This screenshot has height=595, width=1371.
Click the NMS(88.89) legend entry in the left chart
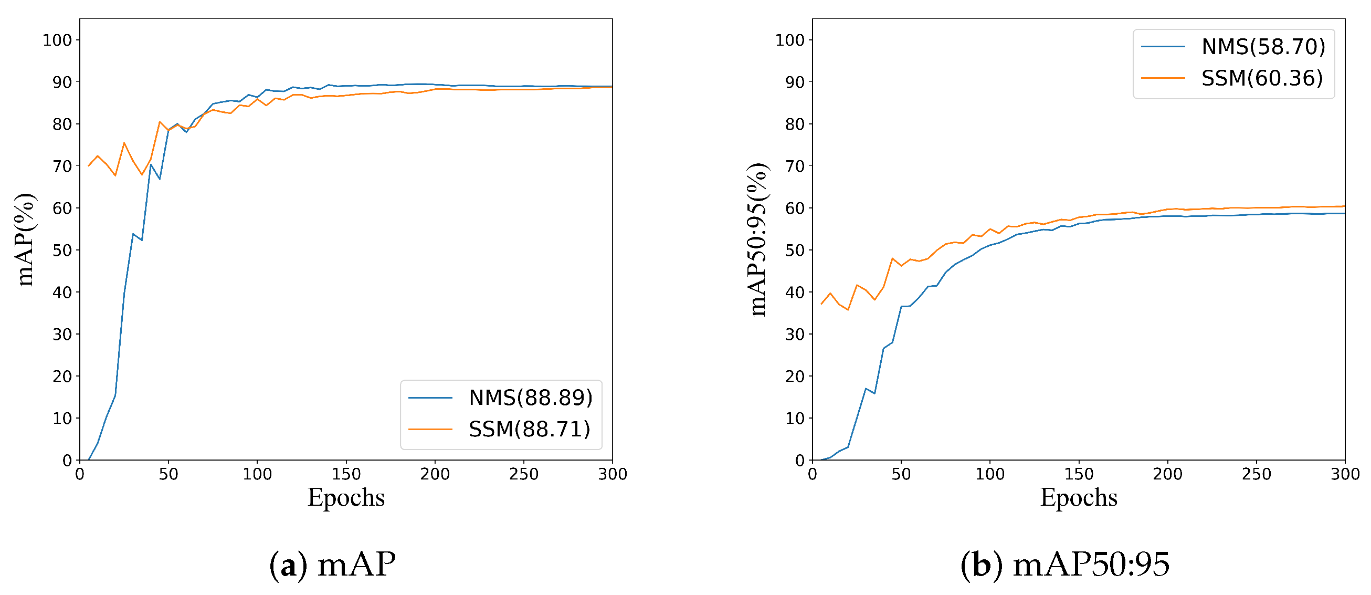pyautogui.click(x=530, y=398)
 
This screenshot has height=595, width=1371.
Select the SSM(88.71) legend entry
pyautogui.click(x=529, y=430)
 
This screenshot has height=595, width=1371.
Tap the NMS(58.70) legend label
pyautogui.click(x=1263, y=47)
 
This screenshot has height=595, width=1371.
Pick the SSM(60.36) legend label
pyautogui.click(x=1262, y=78)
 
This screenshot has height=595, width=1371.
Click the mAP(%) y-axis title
pyautogui.click(x=25, y=239)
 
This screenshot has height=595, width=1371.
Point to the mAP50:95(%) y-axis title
pyautogui.click(x=757, y=239)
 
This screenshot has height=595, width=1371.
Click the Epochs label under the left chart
pyautogui.click(x=346, y=498)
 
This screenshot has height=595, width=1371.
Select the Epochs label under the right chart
pyautogui.click(x=1078, y=498)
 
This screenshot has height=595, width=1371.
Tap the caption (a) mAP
pyautogui.click(x=333, y=565)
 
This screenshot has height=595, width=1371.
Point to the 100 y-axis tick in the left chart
pyautogui.click(x=57, y=40)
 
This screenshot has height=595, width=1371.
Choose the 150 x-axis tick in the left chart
pyautogui.click(x=346, y=474)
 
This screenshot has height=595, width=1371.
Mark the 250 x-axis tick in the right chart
pyautogui.click(x=1256, y=474)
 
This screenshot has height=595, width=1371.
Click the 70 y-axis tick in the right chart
pyautogui.click(x=795, y=166)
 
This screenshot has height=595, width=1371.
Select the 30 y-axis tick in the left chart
pyautogui.click(x=62, y=335)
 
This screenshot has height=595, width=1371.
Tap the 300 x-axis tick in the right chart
pyautogui.click(x=1345, y=474)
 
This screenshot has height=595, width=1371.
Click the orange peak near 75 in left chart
pyautogui.click(x=124, y=143)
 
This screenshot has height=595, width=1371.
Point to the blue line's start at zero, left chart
pyautogui.click(x=89, y=460)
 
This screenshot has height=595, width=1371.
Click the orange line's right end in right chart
pyautogui.click(x=1344, y=206)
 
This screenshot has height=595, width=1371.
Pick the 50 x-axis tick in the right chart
pyautogui.click(x=901, y=474)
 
